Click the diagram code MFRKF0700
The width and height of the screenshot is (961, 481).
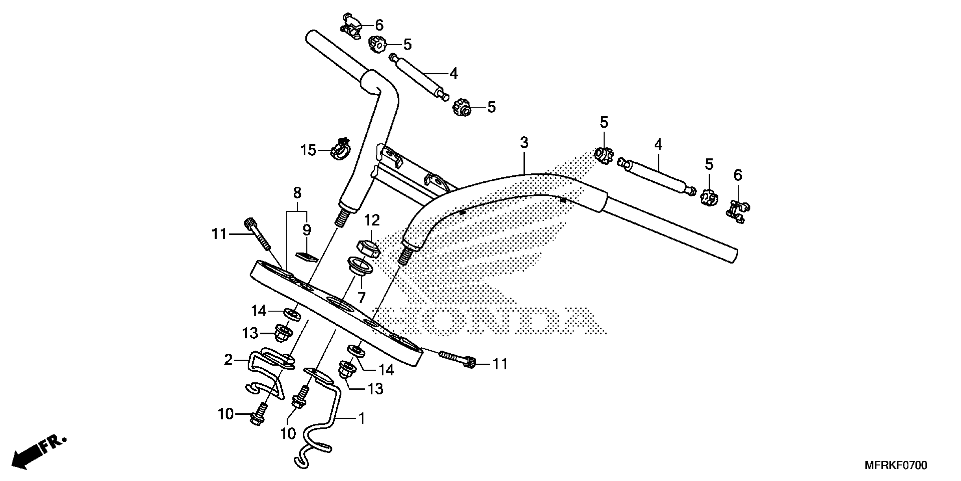[x=896, y=466]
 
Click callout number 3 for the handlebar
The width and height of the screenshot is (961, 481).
[x=524, y=143]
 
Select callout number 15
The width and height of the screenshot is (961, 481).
[x=308, y=151]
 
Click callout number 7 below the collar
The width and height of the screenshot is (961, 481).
[x=361, y=298]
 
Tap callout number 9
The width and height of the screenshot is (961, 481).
[x=307, y=230]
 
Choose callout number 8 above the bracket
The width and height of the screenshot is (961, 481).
[x=297, y=193]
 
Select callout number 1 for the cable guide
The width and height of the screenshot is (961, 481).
[x=362, y=419]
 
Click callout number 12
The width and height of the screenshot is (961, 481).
[x=372, y=220]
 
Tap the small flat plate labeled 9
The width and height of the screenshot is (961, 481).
[x=307, y=257]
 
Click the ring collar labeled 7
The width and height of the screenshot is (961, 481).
[x=360, y=265]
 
